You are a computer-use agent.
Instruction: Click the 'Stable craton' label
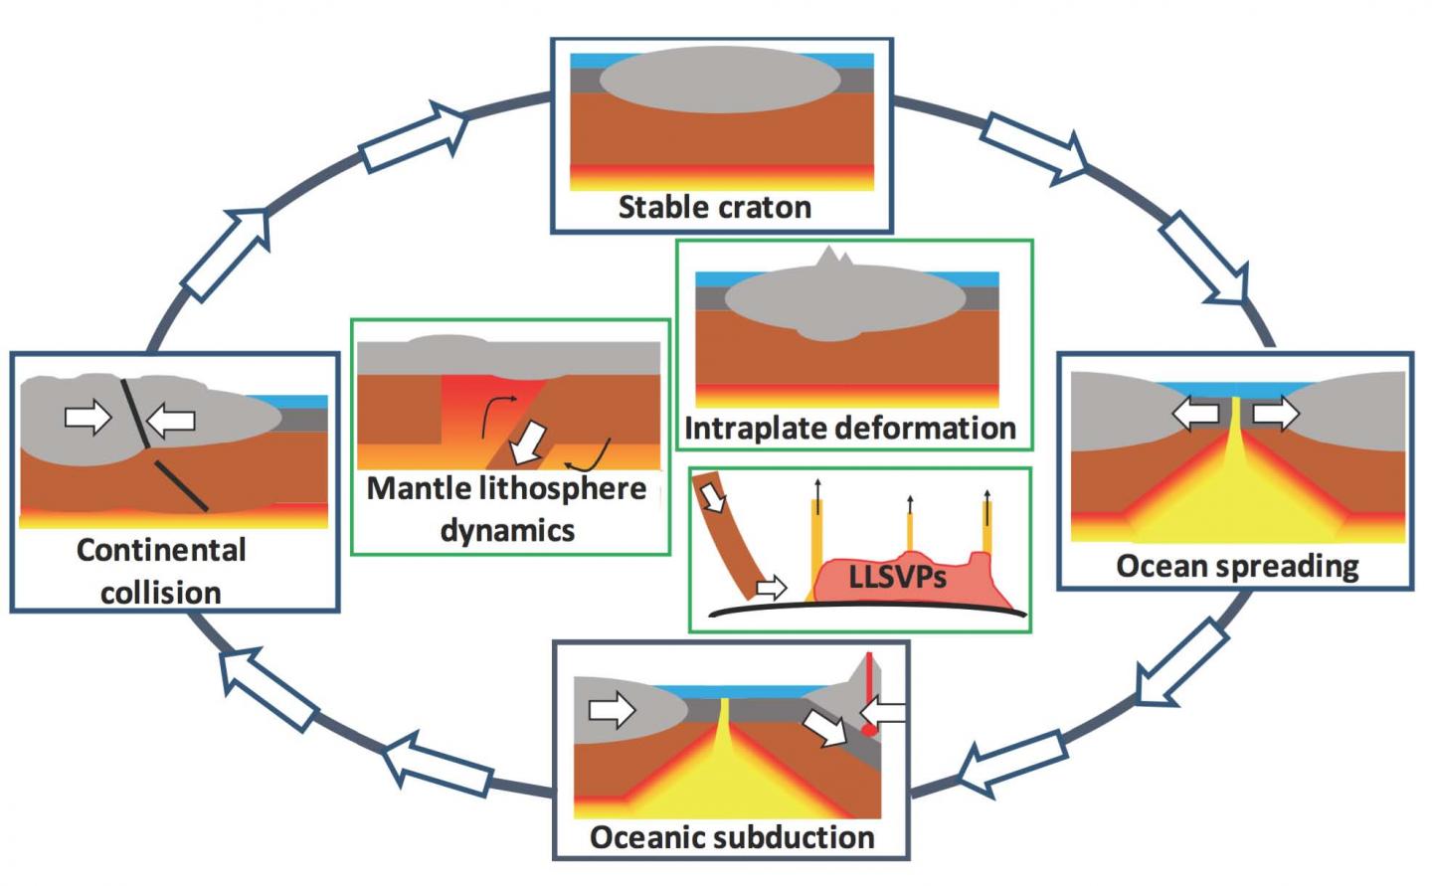tap(714, 207)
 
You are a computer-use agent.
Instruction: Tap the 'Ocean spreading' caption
tap(1236, 566)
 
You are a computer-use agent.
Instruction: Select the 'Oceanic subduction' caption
tap(732, 836)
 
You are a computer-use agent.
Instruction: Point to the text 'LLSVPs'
tap(897, 577)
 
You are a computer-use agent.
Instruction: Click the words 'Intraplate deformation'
tap(850, 429)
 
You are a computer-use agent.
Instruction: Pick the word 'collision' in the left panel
tap(160, 593)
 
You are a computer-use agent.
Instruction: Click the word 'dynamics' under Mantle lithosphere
tap(507, 530)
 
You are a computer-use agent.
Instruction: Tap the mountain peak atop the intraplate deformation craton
tap(827, 259)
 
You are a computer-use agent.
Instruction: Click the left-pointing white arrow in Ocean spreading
tap(1196, 412)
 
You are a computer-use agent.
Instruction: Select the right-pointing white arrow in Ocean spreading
tap(1275, 412)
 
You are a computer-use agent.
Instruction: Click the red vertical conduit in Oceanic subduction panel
tap(868, 691)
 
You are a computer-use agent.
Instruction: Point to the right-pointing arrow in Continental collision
tap(89, 417)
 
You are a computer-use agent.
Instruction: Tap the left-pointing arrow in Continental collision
tap(171, 420)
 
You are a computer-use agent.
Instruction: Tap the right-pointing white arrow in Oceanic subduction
tap(612, 710)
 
